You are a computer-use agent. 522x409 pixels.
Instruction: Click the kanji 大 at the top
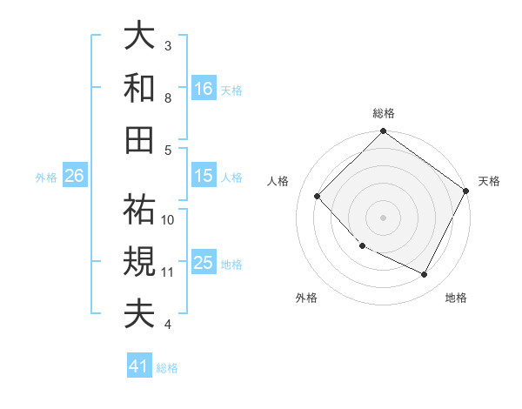[x=139, y=37]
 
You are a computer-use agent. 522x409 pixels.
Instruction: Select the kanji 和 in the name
[x=139, y=88]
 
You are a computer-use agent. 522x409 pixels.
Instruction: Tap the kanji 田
[x=139, y=139]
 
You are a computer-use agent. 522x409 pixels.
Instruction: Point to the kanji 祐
[x=139, y=210]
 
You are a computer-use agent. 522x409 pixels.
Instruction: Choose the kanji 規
[x=139, y=261]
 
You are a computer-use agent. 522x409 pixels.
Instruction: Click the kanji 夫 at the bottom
[x=139, y=313]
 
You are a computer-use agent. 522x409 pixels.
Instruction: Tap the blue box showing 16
[x=204, y=88]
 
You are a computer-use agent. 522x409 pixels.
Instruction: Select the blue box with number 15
[x=204, y=176]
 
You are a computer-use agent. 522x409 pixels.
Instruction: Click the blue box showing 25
[x=204, y=263]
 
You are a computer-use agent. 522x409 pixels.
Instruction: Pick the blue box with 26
[x=74, y=176]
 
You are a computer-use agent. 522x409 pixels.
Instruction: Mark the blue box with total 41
[x=139, y=366]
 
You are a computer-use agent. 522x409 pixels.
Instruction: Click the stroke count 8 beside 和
[x=168, y=97]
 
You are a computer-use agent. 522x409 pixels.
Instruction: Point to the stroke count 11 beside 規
[x=168, y=272]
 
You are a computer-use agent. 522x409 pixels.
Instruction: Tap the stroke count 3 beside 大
[x=168, y=45]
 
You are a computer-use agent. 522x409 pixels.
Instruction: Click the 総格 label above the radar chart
[x=383, y=113]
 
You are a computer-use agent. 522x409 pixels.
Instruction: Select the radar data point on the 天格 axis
[x=465, y=191]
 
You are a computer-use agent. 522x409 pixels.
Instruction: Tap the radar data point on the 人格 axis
[x=318, y=196]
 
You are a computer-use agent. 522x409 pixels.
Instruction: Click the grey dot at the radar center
[x=383, y=217]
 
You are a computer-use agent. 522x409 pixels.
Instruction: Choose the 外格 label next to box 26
[x=46, y=177]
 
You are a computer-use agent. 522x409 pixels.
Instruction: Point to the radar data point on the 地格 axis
[x=425, y=275]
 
